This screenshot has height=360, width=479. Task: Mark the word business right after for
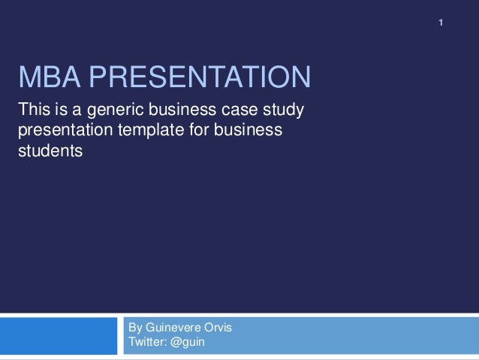click(250, 132)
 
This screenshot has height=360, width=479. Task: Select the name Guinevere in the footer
click(177, 328)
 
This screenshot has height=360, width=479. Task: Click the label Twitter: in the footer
click(151, 343)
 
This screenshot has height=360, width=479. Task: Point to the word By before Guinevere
click(136, 328)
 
